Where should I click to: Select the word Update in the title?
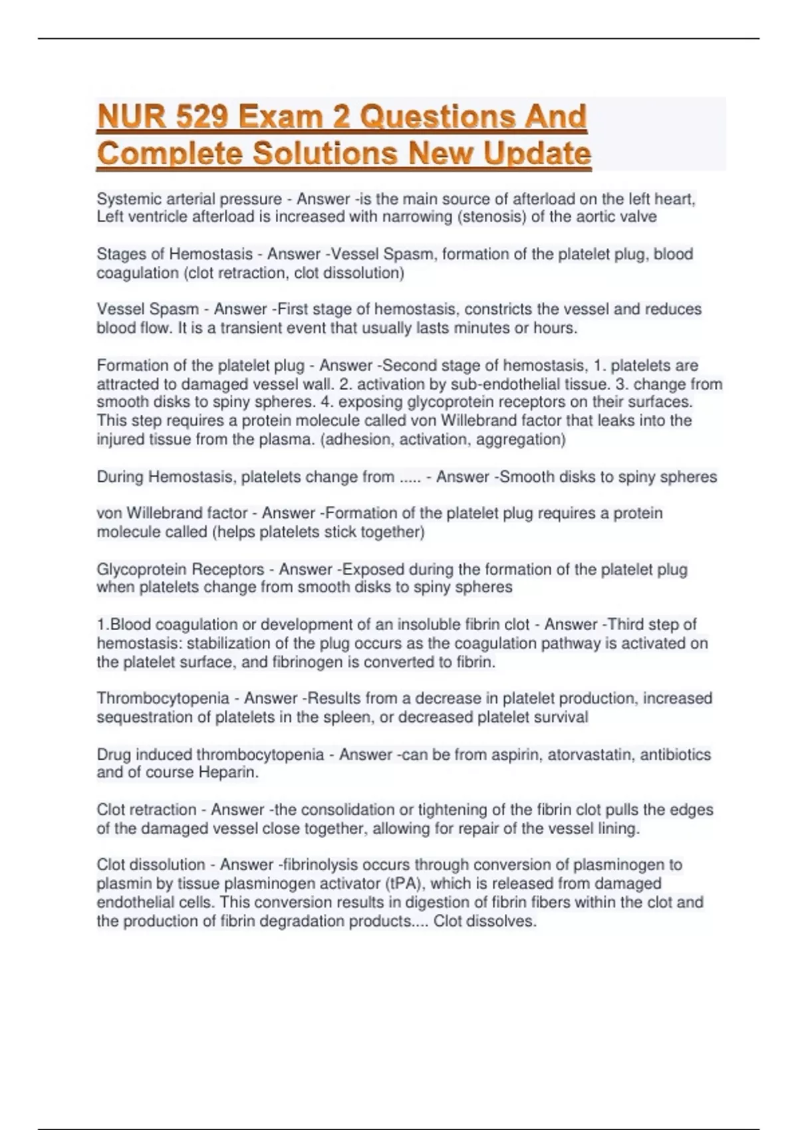(537, 154)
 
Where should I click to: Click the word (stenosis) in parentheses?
(492, 217)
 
